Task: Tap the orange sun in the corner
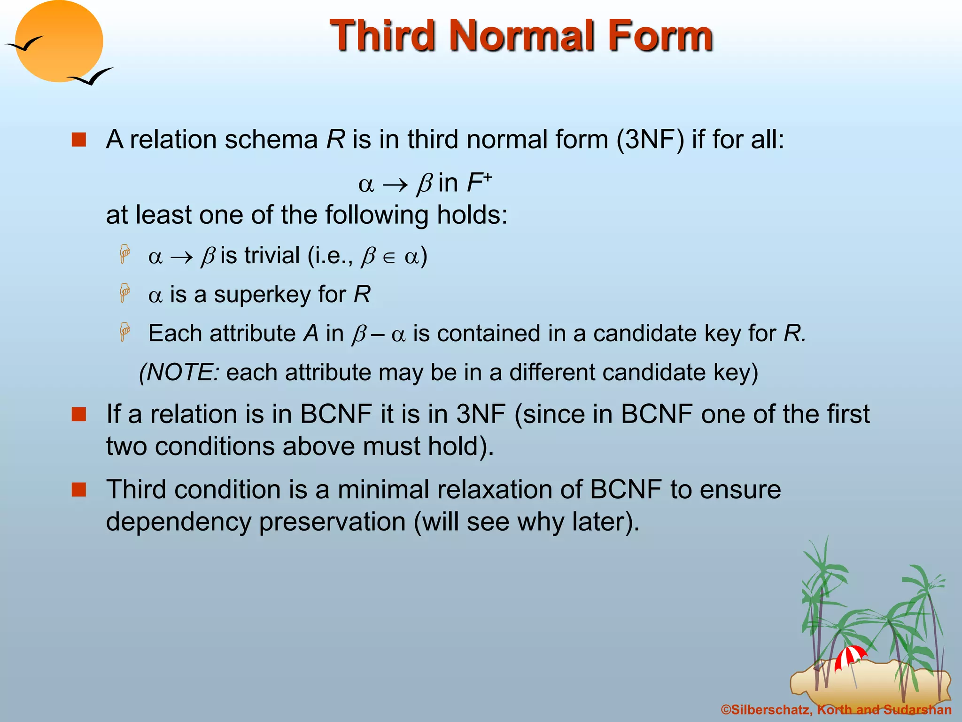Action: [x=59, y=41]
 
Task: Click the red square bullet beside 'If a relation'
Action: [x=78, y=414]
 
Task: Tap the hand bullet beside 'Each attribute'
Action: [x=124, y=332]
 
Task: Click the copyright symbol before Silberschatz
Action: [x=726, y=710]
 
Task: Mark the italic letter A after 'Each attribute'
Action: [x=311, y=334]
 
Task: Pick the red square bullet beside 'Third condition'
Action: [x=78, y=489]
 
